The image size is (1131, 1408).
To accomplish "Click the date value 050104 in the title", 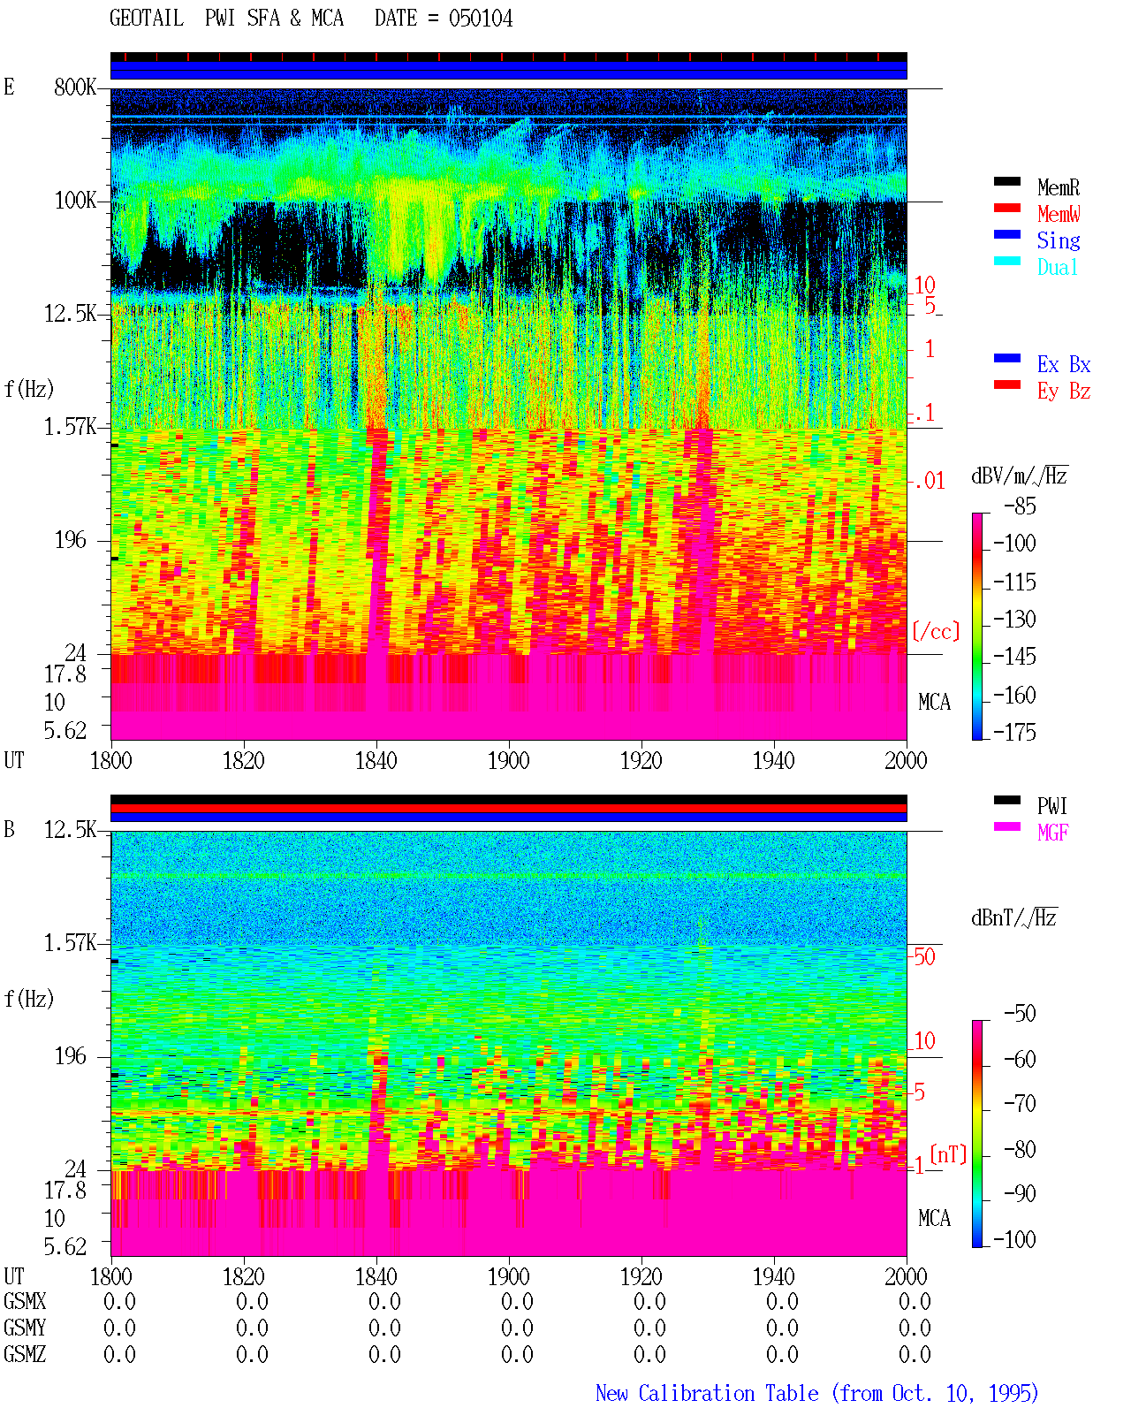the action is click(480, 19).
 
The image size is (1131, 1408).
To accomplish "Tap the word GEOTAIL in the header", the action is click(147, 19).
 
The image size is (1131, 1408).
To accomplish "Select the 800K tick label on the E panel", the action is click(75, 87).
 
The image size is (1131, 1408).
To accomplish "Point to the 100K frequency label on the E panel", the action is click(75, 201).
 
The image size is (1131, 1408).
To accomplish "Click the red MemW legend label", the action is click(1059, 214).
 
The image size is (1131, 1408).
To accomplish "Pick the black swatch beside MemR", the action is click(1006, 181).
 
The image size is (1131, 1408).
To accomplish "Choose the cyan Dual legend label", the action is click(1057, 267).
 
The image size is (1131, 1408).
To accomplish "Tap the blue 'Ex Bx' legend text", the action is click(1064, 364).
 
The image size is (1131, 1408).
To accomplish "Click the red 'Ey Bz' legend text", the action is click(1064, 392).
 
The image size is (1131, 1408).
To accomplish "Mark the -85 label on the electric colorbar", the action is click(1020, 506).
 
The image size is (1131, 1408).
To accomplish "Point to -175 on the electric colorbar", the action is click(1014, 732).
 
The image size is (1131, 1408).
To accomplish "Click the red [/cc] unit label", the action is click(936, 631).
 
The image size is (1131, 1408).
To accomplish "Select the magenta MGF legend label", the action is click(1052, 833).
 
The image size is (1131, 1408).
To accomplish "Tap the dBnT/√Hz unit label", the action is click(1013, 918).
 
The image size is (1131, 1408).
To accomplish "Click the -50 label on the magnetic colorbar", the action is click(1020, 1014).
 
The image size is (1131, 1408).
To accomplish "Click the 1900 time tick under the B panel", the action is click(508, 1276).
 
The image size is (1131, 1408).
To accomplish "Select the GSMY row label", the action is click(25, 1328).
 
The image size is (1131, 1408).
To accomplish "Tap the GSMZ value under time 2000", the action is click(915, 1354).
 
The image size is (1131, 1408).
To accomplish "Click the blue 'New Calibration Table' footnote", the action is click(707, 1393).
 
